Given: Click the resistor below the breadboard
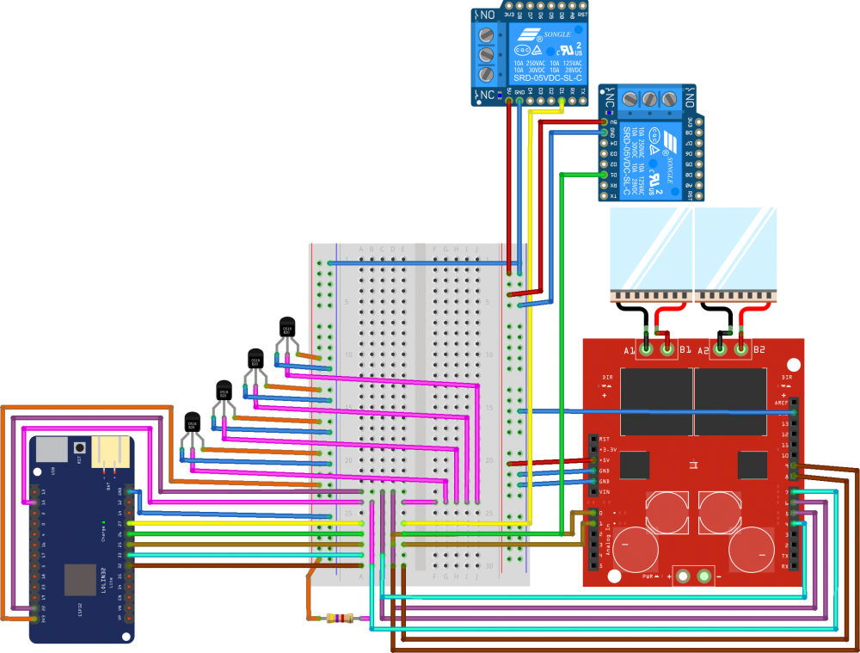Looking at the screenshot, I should click(342, 618).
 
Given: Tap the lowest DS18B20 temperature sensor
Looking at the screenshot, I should click(192, 422).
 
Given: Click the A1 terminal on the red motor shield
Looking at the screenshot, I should click(646, 348).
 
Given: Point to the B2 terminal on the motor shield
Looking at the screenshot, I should click(740, 348).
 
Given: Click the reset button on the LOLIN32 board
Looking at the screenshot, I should click(79, 447).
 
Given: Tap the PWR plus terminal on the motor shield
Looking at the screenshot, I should click(684, 575).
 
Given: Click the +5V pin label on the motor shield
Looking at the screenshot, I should click(604, 460).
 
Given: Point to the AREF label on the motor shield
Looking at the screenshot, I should click(782, 402).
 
